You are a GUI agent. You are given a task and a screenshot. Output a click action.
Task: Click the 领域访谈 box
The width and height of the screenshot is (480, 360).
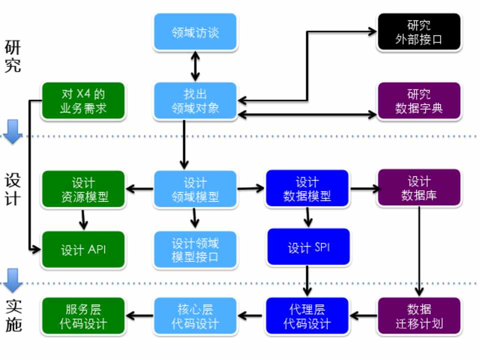[195, 32]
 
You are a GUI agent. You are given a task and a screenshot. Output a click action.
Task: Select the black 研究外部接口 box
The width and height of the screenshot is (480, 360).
[418, 32]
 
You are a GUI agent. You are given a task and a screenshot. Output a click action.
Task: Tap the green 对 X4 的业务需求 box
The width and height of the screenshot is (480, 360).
[83, 101]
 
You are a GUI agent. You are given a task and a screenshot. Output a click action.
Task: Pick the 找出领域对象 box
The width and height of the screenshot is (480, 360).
[195, 101]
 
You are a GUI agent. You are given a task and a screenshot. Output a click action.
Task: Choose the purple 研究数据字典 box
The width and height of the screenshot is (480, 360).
[418, 101]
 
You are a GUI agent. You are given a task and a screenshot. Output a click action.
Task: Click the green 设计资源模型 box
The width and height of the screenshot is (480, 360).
[83, 189]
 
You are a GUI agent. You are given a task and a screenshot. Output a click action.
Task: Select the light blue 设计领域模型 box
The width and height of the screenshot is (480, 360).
[195, 189]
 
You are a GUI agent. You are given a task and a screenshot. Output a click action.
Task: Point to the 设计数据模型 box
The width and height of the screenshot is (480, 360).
[307, 189]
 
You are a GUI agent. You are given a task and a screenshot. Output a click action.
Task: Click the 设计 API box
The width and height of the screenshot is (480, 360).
[83, 249]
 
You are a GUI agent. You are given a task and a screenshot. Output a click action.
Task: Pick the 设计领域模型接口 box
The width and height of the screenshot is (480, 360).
[195, 249]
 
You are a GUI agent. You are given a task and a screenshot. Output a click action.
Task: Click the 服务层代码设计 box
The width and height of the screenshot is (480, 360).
[83, 316]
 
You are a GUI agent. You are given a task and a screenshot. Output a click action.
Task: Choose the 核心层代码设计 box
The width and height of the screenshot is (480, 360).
[195, 316]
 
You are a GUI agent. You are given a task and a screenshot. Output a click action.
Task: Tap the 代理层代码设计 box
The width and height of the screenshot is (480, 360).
[307, 316]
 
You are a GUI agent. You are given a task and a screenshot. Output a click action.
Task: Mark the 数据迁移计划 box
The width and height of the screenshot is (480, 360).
[418, 316]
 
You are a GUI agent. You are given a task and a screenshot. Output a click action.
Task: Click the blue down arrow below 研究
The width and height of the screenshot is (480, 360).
[12, 131]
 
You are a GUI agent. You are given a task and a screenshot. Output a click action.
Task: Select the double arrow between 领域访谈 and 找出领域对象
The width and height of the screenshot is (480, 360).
[195, 66]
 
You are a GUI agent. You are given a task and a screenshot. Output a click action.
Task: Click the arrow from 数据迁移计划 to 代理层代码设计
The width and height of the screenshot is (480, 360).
[363, 316]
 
